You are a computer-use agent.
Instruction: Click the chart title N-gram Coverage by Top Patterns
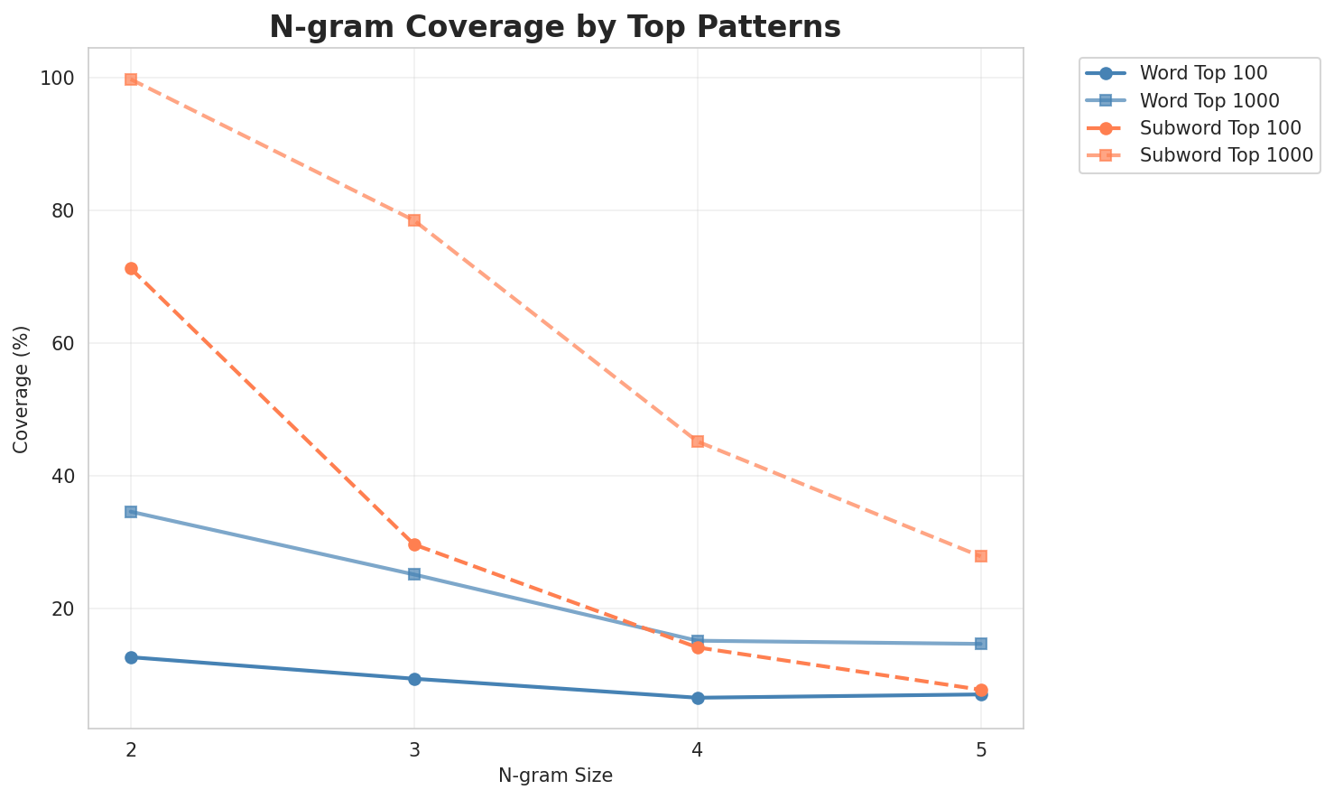tap(555, 27)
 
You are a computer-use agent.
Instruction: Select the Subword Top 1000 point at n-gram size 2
tap(131, 79)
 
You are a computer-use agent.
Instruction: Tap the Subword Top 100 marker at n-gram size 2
tap(131, 268)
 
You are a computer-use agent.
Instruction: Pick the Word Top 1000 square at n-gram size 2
tap(131, 512)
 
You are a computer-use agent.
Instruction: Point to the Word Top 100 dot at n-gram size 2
tap(131, 657)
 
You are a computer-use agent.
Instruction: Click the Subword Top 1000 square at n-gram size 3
tap(414, 220)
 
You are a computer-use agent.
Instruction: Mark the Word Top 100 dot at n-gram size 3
tap(414, 679)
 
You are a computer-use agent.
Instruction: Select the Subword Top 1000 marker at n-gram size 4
tap(698, 441)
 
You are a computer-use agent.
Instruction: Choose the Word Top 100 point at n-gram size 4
tap(698, 698)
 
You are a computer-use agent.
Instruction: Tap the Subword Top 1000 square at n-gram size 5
tap(981, 556)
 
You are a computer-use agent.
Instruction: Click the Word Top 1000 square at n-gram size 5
tap(981, 644)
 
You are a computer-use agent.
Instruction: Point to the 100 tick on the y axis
tap(59, 79)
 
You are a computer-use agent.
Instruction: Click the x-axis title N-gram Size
tap(555, 776)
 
